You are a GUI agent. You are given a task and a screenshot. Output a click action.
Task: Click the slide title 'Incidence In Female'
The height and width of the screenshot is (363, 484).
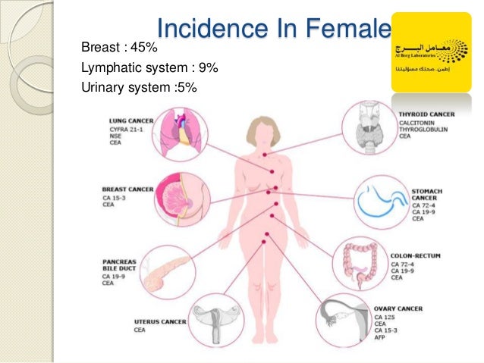(274, 29)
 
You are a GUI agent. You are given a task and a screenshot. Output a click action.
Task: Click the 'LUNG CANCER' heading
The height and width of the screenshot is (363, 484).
(131, 120)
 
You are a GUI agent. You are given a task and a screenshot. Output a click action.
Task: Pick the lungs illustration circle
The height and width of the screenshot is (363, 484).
(181, 133)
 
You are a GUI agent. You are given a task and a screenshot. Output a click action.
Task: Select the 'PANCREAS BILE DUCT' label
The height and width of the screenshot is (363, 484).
(120, 266)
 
